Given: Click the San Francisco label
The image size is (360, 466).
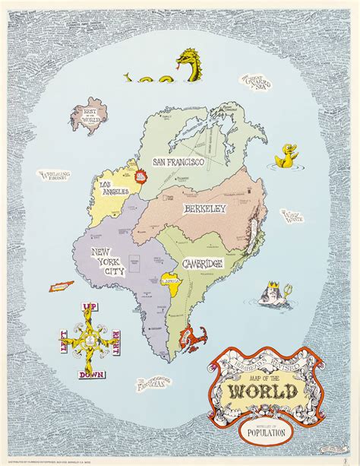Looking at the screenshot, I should tap(179, 162).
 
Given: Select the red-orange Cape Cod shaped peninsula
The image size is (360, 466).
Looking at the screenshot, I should tap(191, 335).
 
